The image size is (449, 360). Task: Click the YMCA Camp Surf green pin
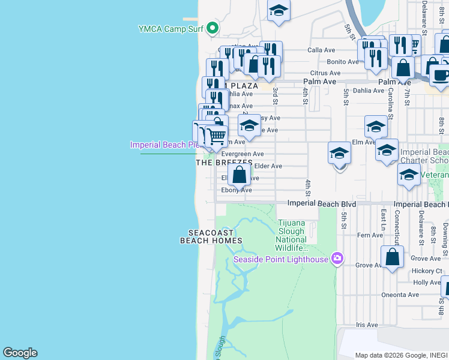click(x=212, y=28)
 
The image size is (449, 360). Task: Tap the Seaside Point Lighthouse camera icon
click(x=337, y=259)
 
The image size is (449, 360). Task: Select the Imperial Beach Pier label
click(x=164, y=145)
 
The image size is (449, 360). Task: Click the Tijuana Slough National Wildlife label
click(x=292, y=235)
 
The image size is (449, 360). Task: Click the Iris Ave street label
click(x=367, y=325)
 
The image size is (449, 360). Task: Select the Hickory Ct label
click(x=427, y=271)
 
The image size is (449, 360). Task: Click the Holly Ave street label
click(x=427, y=283)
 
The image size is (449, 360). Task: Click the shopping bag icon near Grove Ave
click(x=392, y=257)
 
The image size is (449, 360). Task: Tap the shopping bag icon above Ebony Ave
click(x=239, y=176)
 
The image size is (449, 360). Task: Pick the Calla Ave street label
click(x=319, y=50)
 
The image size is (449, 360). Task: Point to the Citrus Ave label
click(x=325, y=73)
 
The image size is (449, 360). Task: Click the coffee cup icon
click(x=440, y=76)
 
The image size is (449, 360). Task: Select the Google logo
click(x=20, y=353)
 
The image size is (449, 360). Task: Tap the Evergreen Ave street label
click(x=243, y=154)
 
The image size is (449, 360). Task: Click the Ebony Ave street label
click(x=237, y=190)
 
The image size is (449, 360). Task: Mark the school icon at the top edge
click(x=279, y=10)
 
